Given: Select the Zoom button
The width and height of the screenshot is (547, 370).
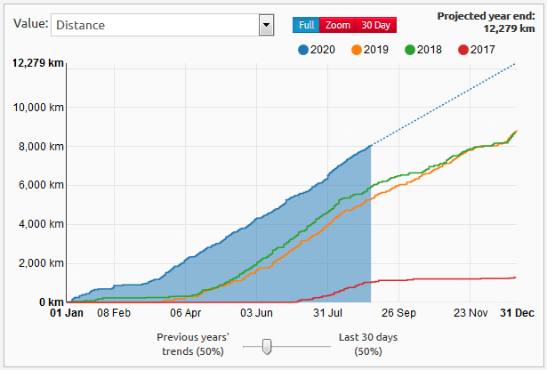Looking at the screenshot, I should tap(337, 25).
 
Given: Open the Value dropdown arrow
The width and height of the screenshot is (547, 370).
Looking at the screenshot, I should tap(265, 25).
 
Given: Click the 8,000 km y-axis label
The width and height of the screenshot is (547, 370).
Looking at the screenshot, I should tap(43, 147).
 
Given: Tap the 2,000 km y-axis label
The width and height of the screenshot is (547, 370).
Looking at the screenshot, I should tap(43, 263).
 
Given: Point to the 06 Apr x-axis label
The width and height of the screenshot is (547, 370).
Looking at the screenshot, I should tap(186, 313).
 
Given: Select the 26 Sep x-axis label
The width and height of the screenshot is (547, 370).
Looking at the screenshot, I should tap(400, 313).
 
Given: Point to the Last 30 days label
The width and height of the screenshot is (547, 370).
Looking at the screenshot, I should tap(367, 338).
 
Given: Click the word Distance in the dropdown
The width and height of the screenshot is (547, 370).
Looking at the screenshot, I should tap(80, 25).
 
